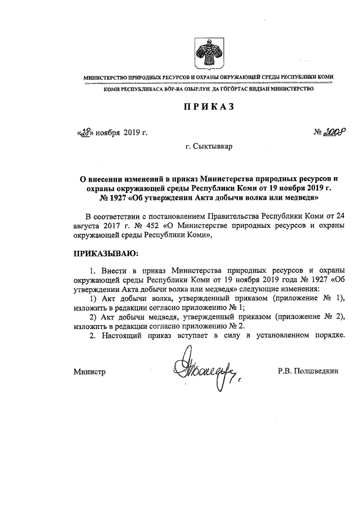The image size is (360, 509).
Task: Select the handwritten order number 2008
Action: tap(333, 133)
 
